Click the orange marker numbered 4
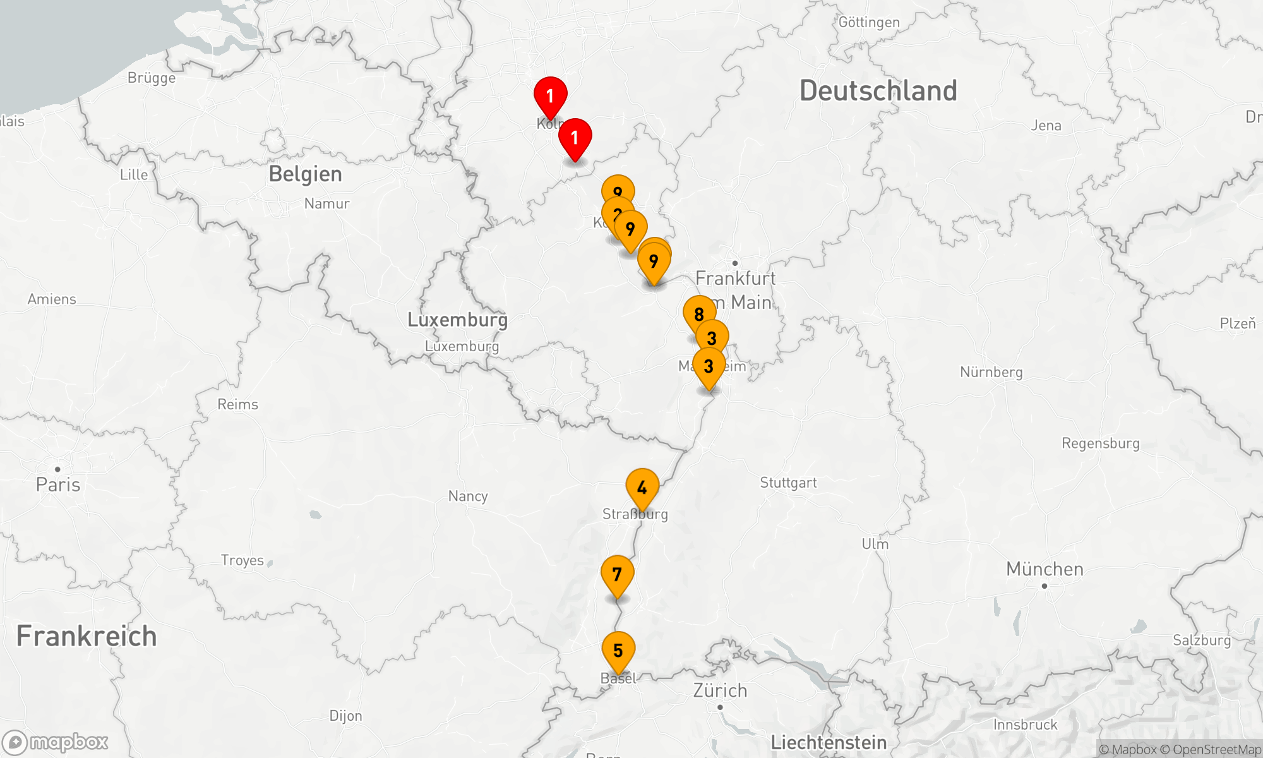point(642,488)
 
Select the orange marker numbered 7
point(617,575)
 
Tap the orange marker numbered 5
point(618,651)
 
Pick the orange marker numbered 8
point(698,314)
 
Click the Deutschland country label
point(878,91)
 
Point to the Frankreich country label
point(87,636)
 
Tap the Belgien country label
point(305,174)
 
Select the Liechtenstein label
point(829,743)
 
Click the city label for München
point(1045,569)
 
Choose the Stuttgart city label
point(788,483)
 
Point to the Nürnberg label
point(991,372)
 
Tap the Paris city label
point(58,484)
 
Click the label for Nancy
point(468,496)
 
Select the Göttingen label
point(869,23)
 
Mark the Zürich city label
point(720,690)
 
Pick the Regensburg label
point(1101,443)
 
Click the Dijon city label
point(345,716)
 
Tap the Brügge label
point(152,78)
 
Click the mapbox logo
point(55,742)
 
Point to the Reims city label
point(237,405)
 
